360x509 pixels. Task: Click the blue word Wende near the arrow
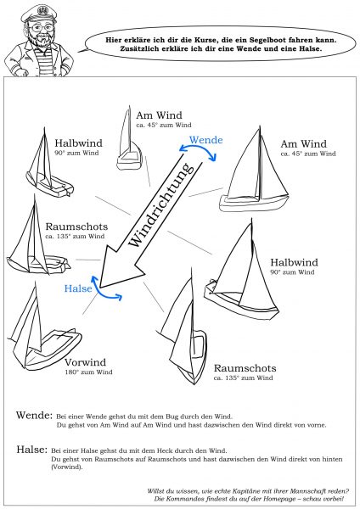tap(205, 139)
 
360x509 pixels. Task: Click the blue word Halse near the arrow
tap(77, 289)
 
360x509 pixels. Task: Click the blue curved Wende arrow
tap(202, 156)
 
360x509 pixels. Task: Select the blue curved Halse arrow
tap(109, 293)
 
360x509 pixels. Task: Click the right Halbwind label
tap(294, 262)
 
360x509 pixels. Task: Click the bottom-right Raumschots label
tap(245, 368)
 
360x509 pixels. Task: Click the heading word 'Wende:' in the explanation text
tap(33, 417)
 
